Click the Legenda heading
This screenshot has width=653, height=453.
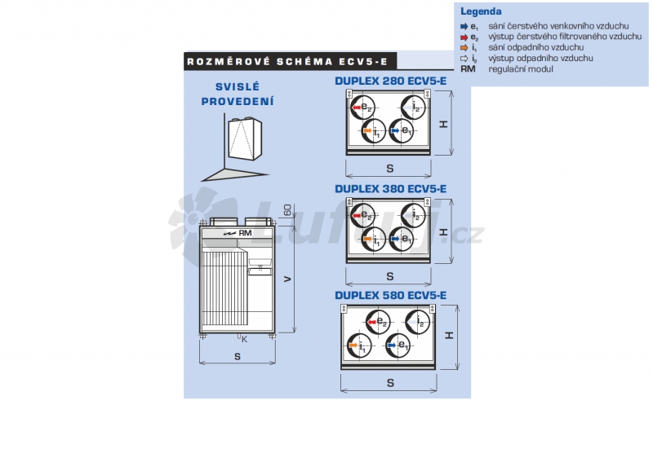coord(481,12)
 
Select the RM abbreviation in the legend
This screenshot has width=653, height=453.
coord(468,69)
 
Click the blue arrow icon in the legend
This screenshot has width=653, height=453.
coord(464,27)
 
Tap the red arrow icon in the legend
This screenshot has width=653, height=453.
coord(464,37)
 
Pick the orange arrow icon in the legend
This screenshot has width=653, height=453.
coord(464,48)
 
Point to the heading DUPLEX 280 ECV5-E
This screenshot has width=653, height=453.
coord(390,81)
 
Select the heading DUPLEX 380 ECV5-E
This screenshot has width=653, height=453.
coord(390,189)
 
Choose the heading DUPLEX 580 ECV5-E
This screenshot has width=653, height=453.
coord(390,295)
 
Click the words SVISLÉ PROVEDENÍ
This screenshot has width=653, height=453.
coord(238,94)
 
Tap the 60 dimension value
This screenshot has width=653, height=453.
coord(287,210)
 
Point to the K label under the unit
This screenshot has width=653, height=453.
coord(244,339)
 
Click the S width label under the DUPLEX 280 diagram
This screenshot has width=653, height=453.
coord(389,168)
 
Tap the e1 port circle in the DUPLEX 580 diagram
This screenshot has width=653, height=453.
coord(398,345)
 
